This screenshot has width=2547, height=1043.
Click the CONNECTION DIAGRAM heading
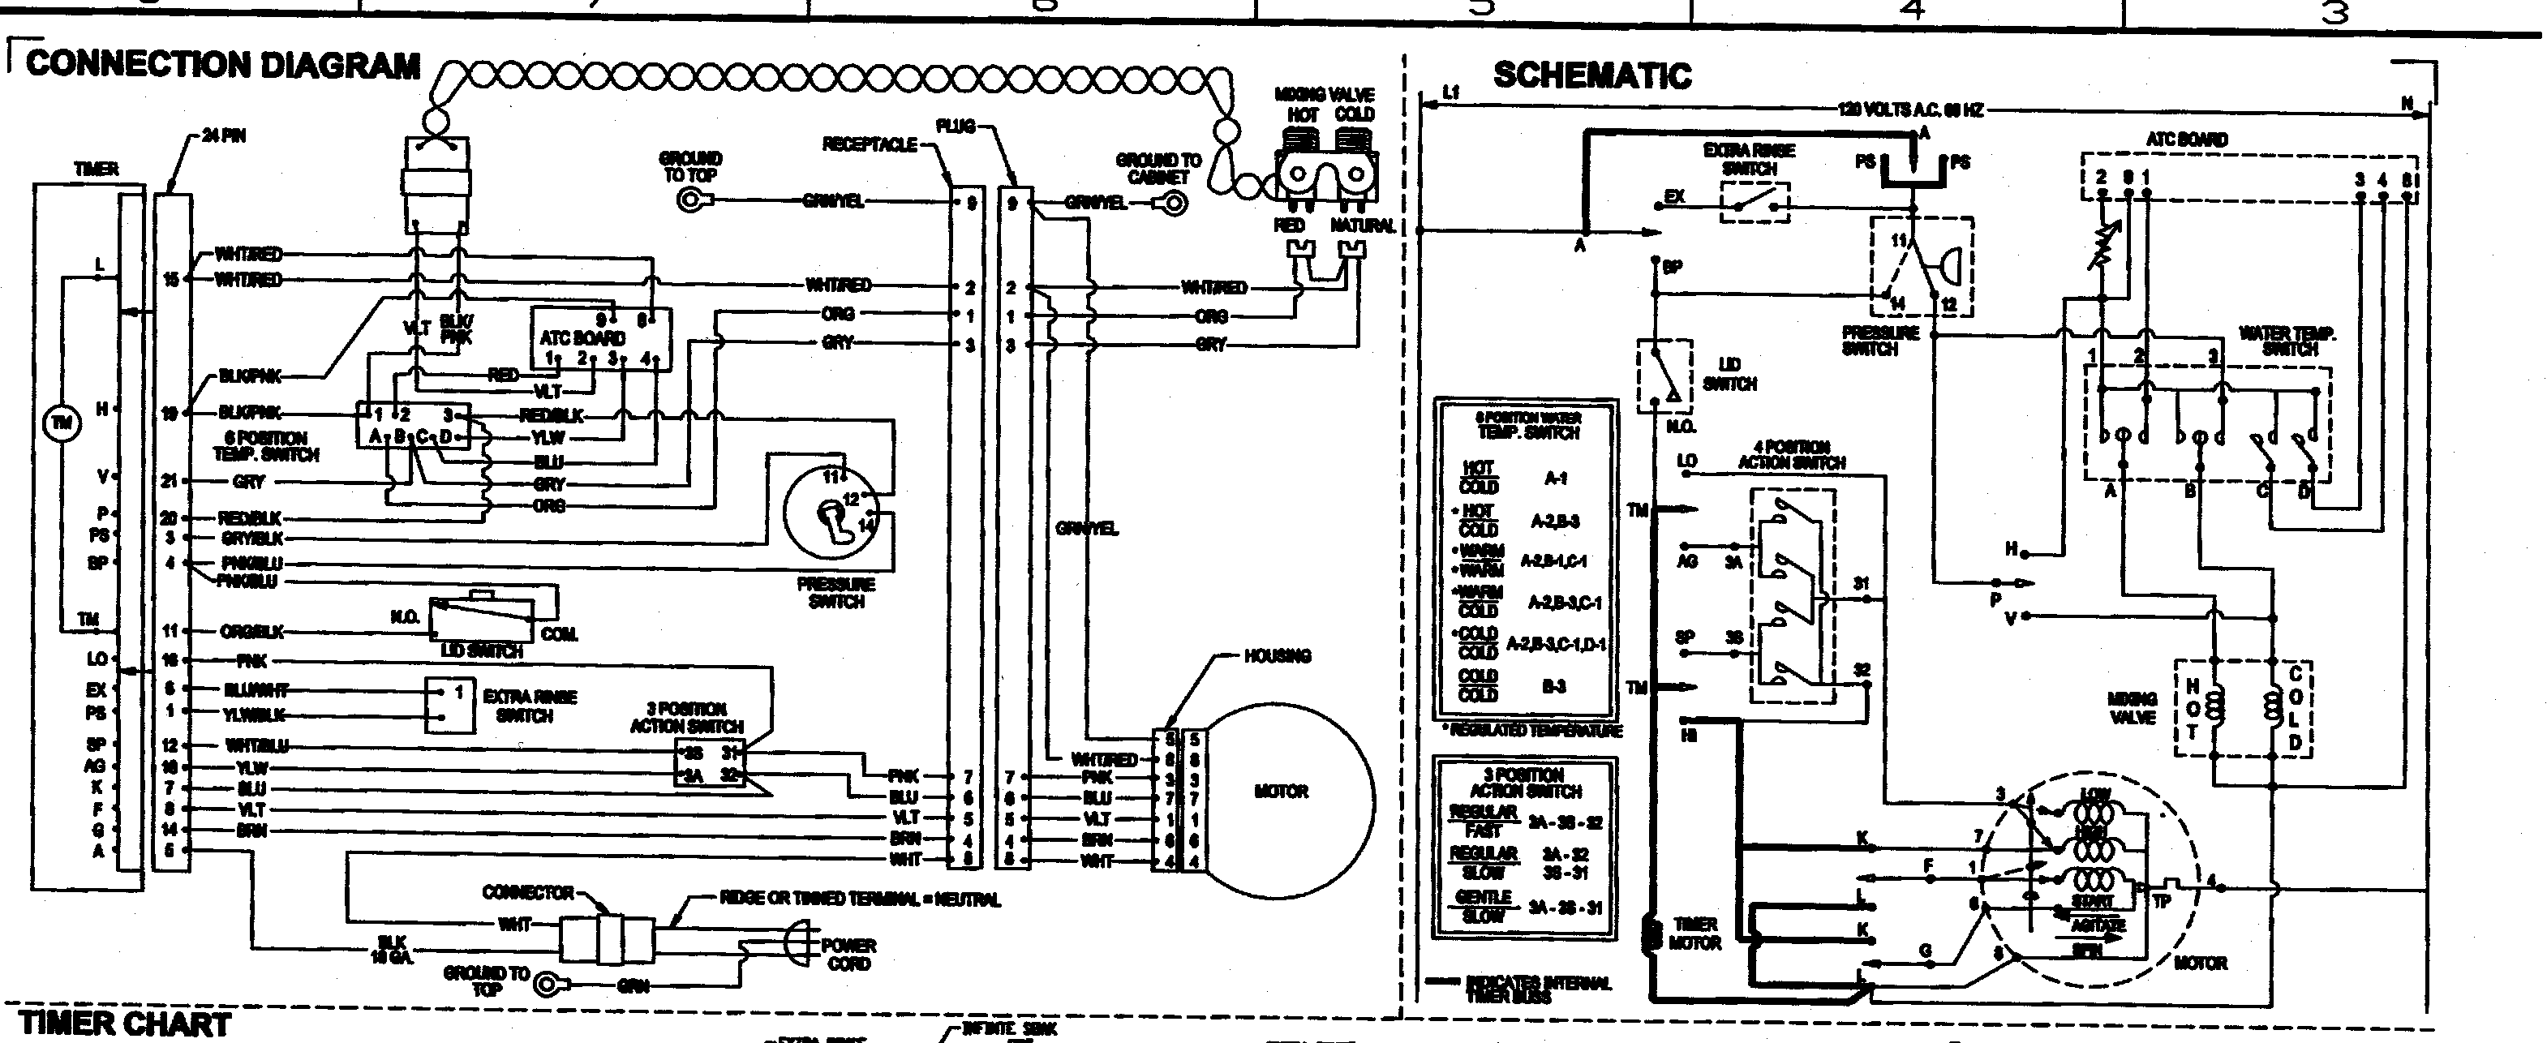[x=222, y=65]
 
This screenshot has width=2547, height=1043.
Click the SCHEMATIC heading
[x=1591, y=76]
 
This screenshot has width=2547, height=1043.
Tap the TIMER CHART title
[x=125, y=1024]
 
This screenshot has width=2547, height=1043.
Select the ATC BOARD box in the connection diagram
[x=601, y=338]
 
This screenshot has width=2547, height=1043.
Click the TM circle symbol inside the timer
[x=62, y=423]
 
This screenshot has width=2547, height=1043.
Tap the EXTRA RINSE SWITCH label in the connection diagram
[x=529, y=705]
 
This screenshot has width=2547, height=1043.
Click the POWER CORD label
[x=848, y=953]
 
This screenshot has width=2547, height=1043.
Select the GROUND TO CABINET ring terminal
[x=1174, y=204]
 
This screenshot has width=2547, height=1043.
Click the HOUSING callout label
[x=1277, y=656]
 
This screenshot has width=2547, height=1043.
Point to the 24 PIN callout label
[x=223, y=136]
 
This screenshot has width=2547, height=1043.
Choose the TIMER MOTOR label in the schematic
[x=1694, y=934]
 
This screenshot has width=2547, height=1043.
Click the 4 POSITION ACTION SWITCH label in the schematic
[x=1791, y=455]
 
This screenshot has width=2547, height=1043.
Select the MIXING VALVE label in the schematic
[x=2132, y=709]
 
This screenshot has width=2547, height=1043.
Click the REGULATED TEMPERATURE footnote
[x=1530, y=731]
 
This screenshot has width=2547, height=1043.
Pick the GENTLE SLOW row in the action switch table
[x=1526, y=907]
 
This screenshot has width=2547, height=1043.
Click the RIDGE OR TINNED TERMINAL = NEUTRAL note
[x=859, y=899]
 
